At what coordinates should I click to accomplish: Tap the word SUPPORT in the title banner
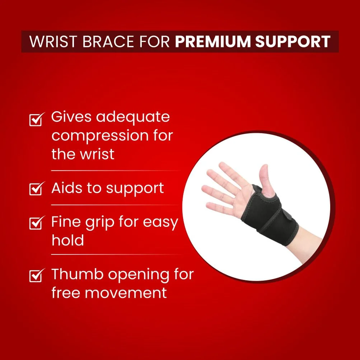point(293,42)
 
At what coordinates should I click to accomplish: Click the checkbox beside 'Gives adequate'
point(36,119)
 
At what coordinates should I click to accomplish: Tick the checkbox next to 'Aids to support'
point(36,188)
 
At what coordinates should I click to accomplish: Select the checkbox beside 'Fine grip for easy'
point(36,223)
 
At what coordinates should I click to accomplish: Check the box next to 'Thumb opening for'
point(36,275)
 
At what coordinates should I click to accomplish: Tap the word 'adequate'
point(133,117)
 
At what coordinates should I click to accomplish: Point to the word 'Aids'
point(67,188)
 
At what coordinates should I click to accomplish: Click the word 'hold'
point(68,240)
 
